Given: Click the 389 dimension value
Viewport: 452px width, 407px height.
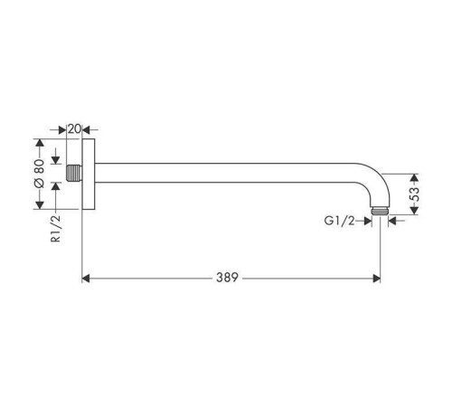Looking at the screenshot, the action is (227, 278).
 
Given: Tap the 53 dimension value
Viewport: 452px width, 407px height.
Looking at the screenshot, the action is (415, 194).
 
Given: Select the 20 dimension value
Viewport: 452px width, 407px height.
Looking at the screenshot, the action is (74, 129).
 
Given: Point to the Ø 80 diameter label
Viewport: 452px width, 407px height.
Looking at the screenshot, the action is (40, 174).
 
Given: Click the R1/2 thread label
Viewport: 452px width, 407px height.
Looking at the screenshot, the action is (56, 229).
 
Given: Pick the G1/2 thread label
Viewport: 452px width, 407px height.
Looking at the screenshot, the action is (339, 221).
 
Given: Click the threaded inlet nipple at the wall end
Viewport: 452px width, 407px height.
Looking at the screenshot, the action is (74, 173).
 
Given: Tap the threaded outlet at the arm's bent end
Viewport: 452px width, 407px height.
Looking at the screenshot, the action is (380, 211).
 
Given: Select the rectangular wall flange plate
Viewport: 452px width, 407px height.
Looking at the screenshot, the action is (89, 174).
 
